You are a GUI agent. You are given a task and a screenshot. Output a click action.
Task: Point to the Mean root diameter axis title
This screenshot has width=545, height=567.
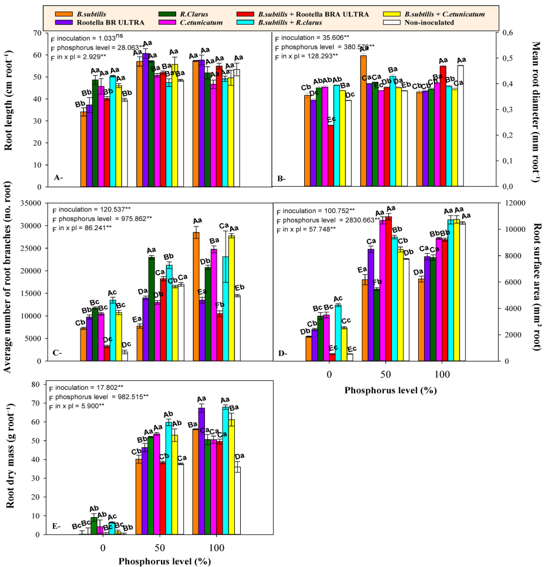click(534, 112)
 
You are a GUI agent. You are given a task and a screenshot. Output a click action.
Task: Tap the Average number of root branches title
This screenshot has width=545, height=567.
click(9, 281)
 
